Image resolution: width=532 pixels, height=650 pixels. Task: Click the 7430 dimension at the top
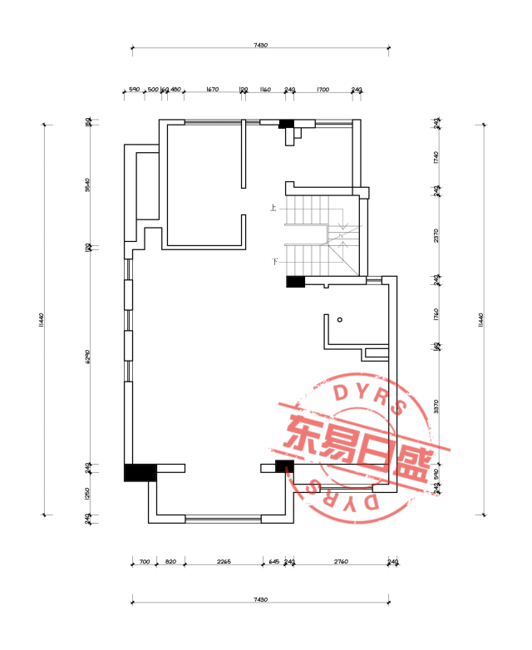pos(260,46)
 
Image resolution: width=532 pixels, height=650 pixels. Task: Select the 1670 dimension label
pos(212,89)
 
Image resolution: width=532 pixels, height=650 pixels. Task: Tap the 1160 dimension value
pos(265,89)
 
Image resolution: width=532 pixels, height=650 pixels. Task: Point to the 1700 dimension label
pos(323,89)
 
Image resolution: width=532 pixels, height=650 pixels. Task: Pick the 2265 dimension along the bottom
pos(223,562)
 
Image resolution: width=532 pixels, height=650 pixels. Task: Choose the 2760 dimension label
pos(341,562)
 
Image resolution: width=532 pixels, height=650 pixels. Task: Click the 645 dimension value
pos(273,562)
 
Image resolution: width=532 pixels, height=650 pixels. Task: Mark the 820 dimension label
pos(170,562)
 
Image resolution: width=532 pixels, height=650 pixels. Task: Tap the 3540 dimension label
pos(87,185)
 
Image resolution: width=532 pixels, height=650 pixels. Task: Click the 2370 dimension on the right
pos(436,234)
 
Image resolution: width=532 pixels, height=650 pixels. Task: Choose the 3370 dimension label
pos(436,406)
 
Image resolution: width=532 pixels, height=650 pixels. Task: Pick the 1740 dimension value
pos(436,157)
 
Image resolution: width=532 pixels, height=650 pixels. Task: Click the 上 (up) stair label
pos(273,208)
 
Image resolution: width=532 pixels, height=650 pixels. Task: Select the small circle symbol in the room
pos(339,319)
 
